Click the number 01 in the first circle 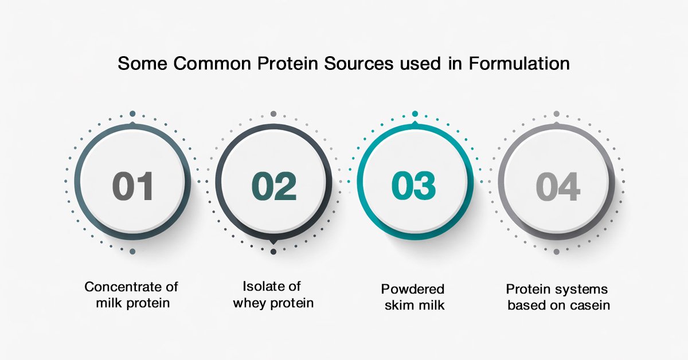132,186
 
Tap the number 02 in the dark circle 274,186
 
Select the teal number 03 413,186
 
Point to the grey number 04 558,186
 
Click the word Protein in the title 287,64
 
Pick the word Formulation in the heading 519,64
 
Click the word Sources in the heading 358,64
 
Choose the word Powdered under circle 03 413,289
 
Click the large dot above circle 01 132,114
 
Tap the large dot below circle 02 273,252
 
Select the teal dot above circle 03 415,114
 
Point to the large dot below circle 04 556,252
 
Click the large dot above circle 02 273,114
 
